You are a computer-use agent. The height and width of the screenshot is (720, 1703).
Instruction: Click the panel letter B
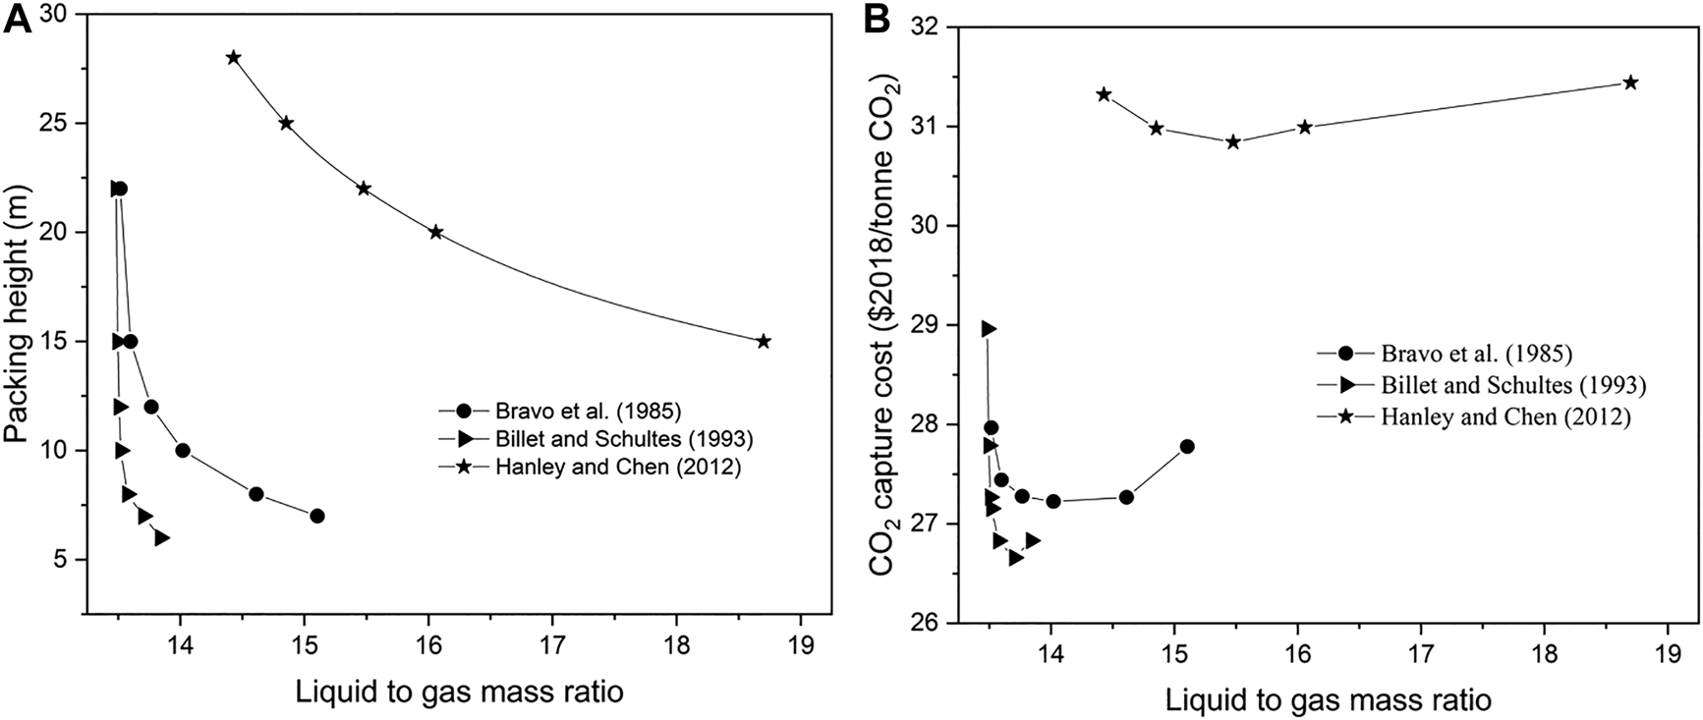coord(878,20)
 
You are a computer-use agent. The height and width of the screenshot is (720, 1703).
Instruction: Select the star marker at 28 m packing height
coord(233,57)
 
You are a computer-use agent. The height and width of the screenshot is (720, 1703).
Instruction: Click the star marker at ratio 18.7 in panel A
coord(764,341)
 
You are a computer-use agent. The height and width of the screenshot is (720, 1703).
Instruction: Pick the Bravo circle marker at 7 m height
coord(316,516)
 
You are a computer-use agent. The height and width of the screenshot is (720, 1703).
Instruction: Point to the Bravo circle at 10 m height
coord(182,451)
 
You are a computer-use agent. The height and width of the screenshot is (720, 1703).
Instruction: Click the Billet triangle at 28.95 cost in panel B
coord(989,329)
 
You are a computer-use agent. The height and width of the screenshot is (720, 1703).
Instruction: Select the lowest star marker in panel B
coord(1233,141)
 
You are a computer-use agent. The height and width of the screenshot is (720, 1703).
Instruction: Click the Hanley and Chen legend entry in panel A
coord(590,468)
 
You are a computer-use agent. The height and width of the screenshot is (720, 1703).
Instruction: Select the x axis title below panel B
coord(1329,700)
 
